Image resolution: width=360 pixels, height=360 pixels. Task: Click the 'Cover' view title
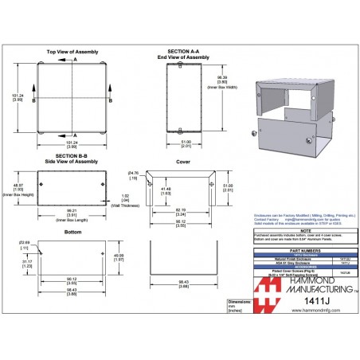pyautogui.click(x=183, y=162)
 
